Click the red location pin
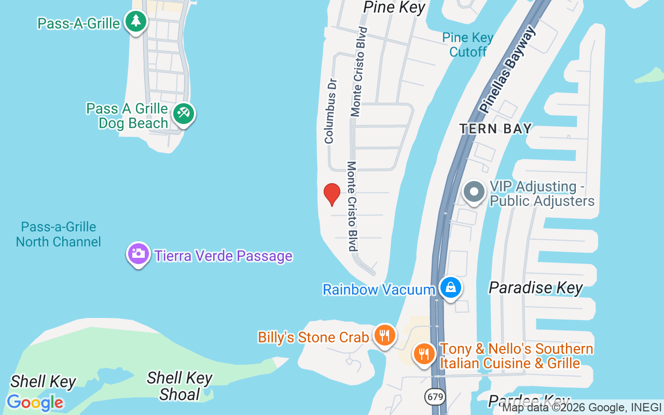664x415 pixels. [x=332, y=194]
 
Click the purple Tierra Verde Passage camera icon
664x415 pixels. [x=139, y=254]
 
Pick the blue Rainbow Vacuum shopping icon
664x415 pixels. [x=450, y=287]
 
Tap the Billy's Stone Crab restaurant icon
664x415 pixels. [x=384, y=335]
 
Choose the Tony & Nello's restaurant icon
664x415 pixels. [x=424, y=354]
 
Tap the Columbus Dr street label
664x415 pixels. [x=330, y=111]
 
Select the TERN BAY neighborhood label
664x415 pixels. [x=495, y=129]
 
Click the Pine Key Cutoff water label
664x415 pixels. [x=468, y=45]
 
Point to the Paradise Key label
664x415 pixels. [x=536, y=288]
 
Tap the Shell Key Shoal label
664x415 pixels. [x=179, y=386]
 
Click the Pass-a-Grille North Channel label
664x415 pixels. [x=59, y=234]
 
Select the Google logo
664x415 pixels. [x=35, y=403]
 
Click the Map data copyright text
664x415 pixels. [x=582, y=408]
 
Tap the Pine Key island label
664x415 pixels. [x=394, y=7]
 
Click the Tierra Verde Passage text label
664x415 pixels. [x=223, y=256]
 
